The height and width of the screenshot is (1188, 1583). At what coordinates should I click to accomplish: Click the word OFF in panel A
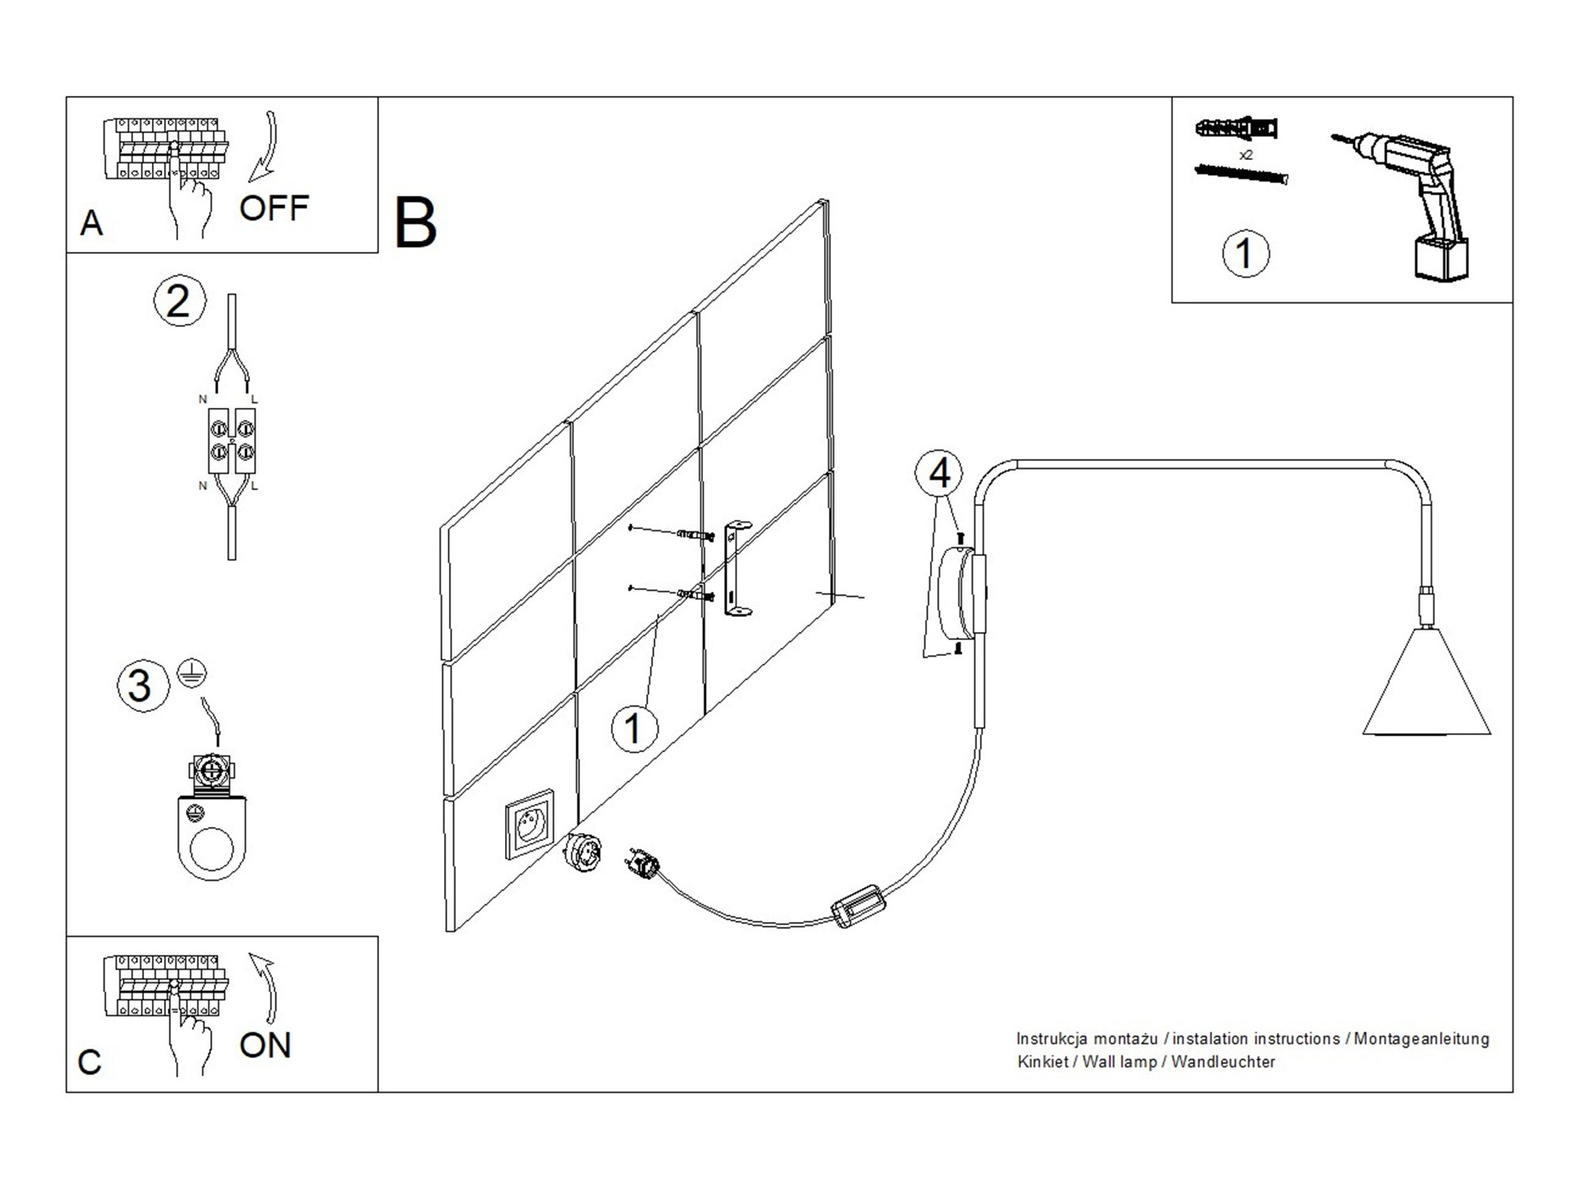click(x=273, y=208)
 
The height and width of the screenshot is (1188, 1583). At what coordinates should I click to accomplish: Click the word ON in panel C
click(x=265, y=1045)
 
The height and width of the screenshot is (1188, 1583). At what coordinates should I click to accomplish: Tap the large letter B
click(x=415, y=223)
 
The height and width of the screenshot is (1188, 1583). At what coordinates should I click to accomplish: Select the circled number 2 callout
click(x=179, y=302)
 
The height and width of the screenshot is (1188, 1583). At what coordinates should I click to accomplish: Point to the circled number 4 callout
click(x=939, y=474)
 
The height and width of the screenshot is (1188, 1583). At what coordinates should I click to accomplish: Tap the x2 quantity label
click(x=1246, y=155)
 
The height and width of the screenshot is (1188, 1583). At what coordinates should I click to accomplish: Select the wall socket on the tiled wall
click(x=530, y=824)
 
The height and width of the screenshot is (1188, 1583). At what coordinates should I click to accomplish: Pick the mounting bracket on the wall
click(x=737, y=568)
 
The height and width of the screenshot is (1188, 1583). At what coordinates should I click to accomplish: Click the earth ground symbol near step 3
click(x=192, y=672)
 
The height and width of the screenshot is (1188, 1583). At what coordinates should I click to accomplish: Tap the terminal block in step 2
click(x=232, y=441)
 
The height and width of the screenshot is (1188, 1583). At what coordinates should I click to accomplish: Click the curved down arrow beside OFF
click(x=265, y=147)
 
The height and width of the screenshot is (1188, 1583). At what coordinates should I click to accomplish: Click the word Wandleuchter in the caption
click(x=1223, y=1062)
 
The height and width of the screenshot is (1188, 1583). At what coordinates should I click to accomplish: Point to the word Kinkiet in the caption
click(x=1042, y=1062)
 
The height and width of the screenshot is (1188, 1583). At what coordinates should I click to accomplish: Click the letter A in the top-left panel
click(x=92, y=223)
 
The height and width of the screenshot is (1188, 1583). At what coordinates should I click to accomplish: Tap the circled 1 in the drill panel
click(x=1245, y=254)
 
